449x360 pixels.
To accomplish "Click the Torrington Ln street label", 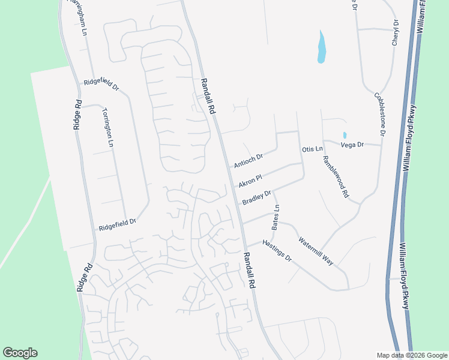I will (108, 127).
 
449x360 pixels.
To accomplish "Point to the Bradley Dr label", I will (258, 197).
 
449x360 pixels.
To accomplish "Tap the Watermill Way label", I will (316, 251).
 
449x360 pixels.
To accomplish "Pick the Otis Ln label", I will (312, 148).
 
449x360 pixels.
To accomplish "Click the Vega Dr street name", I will (352, 145).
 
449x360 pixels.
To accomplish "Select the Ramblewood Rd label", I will (336, 177).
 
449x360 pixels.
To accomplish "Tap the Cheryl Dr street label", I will (396, 32).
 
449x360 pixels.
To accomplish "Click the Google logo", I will (20, 353).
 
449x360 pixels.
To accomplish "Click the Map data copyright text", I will (412, 355).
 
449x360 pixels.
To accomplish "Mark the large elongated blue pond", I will (322, 48).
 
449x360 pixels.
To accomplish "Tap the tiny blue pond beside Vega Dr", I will (345, 135).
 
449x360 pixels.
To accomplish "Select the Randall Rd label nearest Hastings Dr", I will (249, 271).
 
